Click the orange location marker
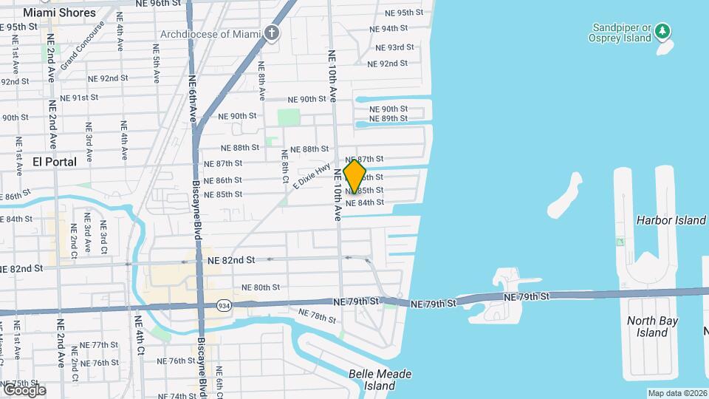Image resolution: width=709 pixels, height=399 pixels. click(354, 177)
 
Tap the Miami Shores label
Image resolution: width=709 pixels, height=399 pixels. click(59, 13)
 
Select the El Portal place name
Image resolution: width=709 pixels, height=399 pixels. click(55, 162)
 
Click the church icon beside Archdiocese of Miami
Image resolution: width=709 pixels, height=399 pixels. click(273, 33)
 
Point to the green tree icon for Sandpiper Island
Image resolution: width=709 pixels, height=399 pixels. click(663, 31)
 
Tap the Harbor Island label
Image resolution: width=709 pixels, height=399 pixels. click(671, 220)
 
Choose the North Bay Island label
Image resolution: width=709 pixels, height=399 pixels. click(652, 327)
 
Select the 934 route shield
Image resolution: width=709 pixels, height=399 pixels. click(222, 304)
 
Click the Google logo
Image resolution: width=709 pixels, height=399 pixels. click(24, 389)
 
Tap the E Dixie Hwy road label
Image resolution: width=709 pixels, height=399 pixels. click(310, 177)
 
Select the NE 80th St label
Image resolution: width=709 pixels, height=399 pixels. click(261, 287)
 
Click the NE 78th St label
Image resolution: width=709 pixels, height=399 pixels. click(318, 316)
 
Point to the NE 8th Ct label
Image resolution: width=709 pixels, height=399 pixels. click(284, 166)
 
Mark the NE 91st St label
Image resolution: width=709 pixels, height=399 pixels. click(79, 98)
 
